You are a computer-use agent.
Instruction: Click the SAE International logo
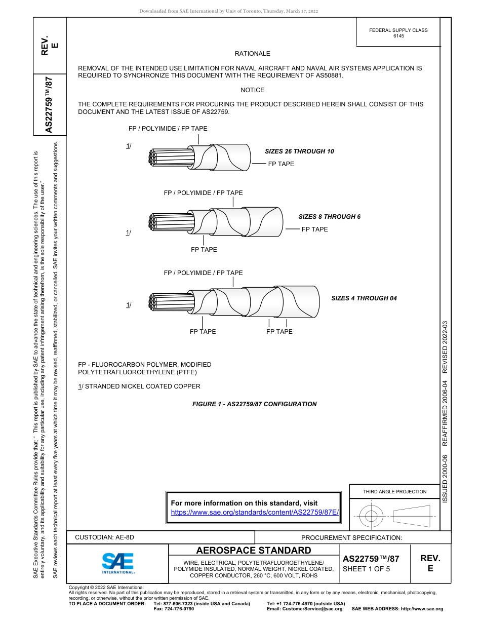pyautogui.click(x=118, y=563)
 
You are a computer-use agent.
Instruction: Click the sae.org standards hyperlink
pyautogui.click(x=255, y=512)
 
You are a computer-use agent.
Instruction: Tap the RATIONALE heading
pyautogui.click(x=252, y=54)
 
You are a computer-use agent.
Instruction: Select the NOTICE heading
pyautogui.click(x=252, y=90)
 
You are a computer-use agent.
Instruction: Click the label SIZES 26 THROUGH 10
pyautogui.click(x=299, y=151)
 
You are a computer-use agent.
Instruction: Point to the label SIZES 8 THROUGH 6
pyautogui.click(x=329, y=217)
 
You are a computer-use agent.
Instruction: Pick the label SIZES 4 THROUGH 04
pyautogui.click(x=364, y=298)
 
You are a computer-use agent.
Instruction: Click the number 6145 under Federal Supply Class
pyautogui.click(x=398, y=36)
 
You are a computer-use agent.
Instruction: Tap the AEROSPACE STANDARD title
pyautogui.click(x=254, y=551)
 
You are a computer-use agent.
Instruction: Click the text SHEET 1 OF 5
pyautogui.click(x=366, y=569)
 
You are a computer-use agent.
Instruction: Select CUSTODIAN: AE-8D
pyautogui.click(x=105, y=537)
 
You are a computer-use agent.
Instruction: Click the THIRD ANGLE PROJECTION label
pyautogui.click(x=394, y=491)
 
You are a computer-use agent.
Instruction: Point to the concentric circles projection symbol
pyautogui.click(x=372, y=517)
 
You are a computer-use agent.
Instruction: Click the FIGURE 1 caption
pyautogui.click(x=254, y=404)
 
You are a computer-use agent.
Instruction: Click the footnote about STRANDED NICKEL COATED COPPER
pyautogui.click(x=139, y=386)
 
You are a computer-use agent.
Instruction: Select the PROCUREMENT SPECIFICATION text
pyautogui.click(x=351, y=538)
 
